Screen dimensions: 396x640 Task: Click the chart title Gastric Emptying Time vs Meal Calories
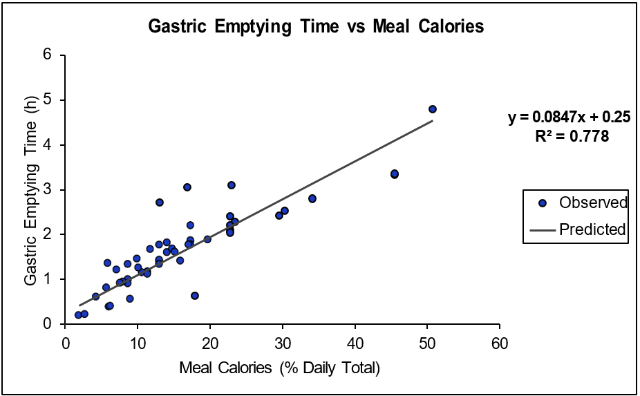tap(317, 27)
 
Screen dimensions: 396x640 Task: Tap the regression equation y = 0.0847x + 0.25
tap(569, 117)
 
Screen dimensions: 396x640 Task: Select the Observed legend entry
tap(593, 202)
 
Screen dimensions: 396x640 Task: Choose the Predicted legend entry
tap(593, 229)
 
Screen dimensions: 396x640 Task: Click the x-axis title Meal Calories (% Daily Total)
tap(279, 367)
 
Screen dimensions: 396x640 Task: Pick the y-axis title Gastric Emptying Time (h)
tap(31, 189)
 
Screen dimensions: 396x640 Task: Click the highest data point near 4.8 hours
tap(433, 109)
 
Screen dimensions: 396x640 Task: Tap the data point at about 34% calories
tap(312, 198)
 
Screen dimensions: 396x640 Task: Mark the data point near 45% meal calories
tap(395, 174)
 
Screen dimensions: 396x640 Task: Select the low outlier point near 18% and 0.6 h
tap(195, 296)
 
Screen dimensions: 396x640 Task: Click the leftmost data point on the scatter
tap(78, 315)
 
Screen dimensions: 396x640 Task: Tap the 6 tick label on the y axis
tap(47, 55)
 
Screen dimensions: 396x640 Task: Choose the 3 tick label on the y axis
tap(47, 189)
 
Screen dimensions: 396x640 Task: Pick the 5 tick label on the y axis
tap(47, 100)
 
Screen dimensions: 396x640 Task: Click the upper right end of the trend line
tap(433, 121)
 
